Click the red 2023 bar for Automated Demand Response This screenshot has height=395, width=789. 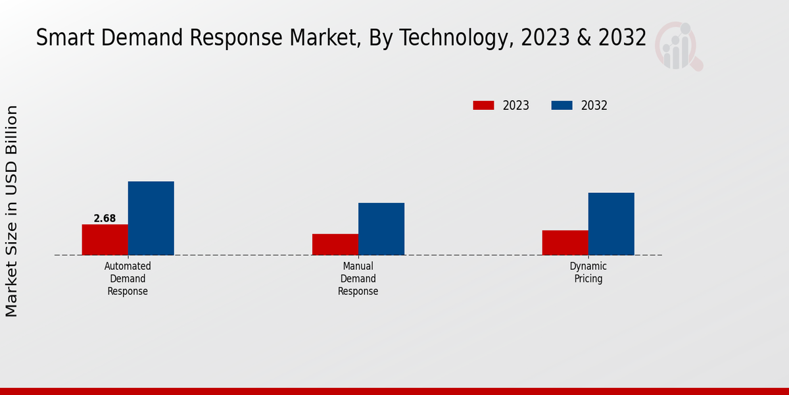click(105, 240)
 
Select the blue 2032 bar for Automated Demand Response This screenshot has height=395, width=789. click(151, 218)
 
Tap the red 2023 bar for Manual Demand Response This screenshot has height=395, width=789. click(335, 244)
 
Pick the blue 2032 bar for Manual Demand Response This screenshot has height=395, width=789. click(381, 228)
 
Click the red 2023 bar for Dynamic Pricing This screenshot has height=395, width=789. click(565, 242)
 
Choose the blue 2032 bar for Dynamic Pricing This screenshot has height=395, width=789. click(611, 224)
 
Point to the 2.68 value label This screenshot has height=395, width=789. click(105, 219)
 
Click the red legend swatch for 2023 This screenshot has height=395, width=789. click(483, 105)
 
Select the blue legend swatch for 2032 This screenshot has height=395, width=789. click(562, 105)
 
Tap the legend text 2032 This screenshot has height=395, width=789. click(594, 105)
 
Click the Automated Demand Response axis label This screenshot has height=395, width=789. click(128, 278)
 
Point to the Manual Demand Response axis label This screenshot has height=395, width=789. click(358, 278)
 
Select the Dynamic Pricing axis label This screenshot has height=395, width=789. click(588, 273)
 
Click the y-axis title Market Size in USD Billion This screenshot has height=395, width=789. click(12, 211)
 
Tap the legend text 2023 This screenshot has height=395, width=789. click(515, 105)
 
